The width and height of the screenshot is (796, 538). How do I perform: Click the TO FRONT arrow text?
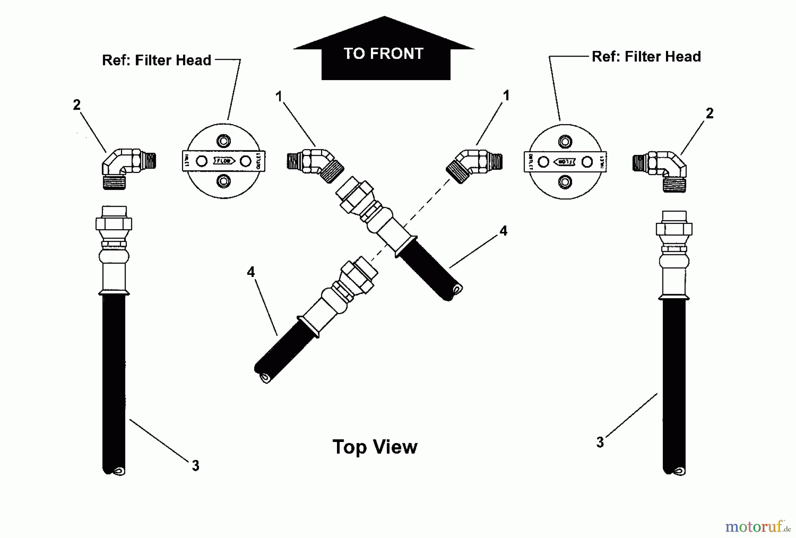383,54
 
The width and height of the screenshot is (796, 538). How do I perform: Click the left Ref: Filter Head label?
157,60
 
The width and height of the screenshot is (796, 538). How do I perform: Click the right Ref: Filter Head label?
646,57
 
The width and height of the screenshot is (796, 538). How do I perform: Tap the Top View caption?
375,447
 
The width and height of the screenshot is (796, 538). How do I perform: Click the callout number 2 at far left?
77,105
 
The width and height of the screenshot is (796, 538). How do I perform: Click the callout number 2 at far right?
709,114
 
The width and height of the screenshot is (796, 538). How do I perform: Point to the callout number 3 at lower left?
195,465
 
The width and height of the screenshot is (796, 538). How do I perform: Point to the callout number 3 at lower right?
600,442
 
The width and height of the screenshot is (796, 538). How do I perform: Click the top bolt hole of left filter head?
223,142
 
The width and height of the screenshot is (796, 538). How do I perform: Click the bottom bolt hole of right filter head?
565,181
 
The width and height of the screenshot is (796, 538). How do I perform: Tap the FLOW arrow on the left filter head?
223,161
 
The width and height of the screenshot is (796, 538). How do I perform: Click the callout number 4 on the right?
503,231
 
